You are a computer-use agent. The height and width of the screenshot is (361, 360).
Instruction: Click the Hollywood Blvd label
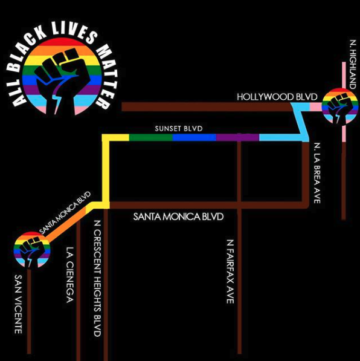click(x=277, y=97)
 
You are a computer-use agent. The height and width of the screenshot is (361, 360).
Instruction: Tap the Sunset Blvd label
click(x=179, y=128)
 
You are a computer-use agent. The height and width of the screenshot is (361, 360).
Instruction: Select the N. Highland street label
click(x=352, y=64)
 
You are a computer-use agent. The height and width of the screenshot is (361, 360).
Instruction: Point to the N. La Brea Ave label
click(x=317, y=173)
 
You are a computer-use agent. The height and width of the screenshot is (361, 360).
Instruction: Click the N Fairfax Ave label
click(x=230, y=272)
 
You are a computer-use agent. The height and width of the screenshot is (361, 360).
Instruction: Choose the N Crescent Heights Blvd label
click(x=97, y=279)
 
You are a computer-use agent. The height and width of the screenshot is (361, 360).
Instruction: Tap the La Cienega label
click(x=69, y=275)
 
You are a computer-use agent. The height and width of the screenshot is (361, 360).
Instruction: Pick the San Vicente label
click(x=18, y=304)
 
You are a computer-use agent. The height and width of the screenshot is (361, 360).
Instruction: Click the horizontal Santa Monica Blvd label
click(x=178, y=216)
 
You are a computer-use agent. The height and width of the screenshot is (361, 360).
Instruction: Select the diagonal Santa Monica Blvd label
click(x=65, y=212)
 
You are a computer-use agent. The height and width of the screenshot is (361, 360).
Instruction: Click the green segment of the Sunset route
click(x=150, y=137)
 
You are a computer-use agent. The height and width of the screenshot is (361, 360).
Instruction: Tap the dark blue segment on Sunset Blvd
click(x=194, y=137)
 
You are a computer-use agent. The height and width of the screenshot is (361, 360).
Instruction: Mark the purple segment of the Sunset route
click(x=237, y=137)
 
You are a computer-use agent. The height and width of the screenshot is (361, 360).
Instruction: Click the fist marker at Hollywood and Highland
click(x=339, y=106)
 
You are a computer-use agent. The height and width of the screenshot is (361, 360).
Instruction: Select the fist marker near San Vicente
click(x=32, y=250)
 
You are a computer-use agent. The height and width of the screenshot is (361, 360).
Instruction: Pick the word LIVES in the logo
click(x=74, y=32)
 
